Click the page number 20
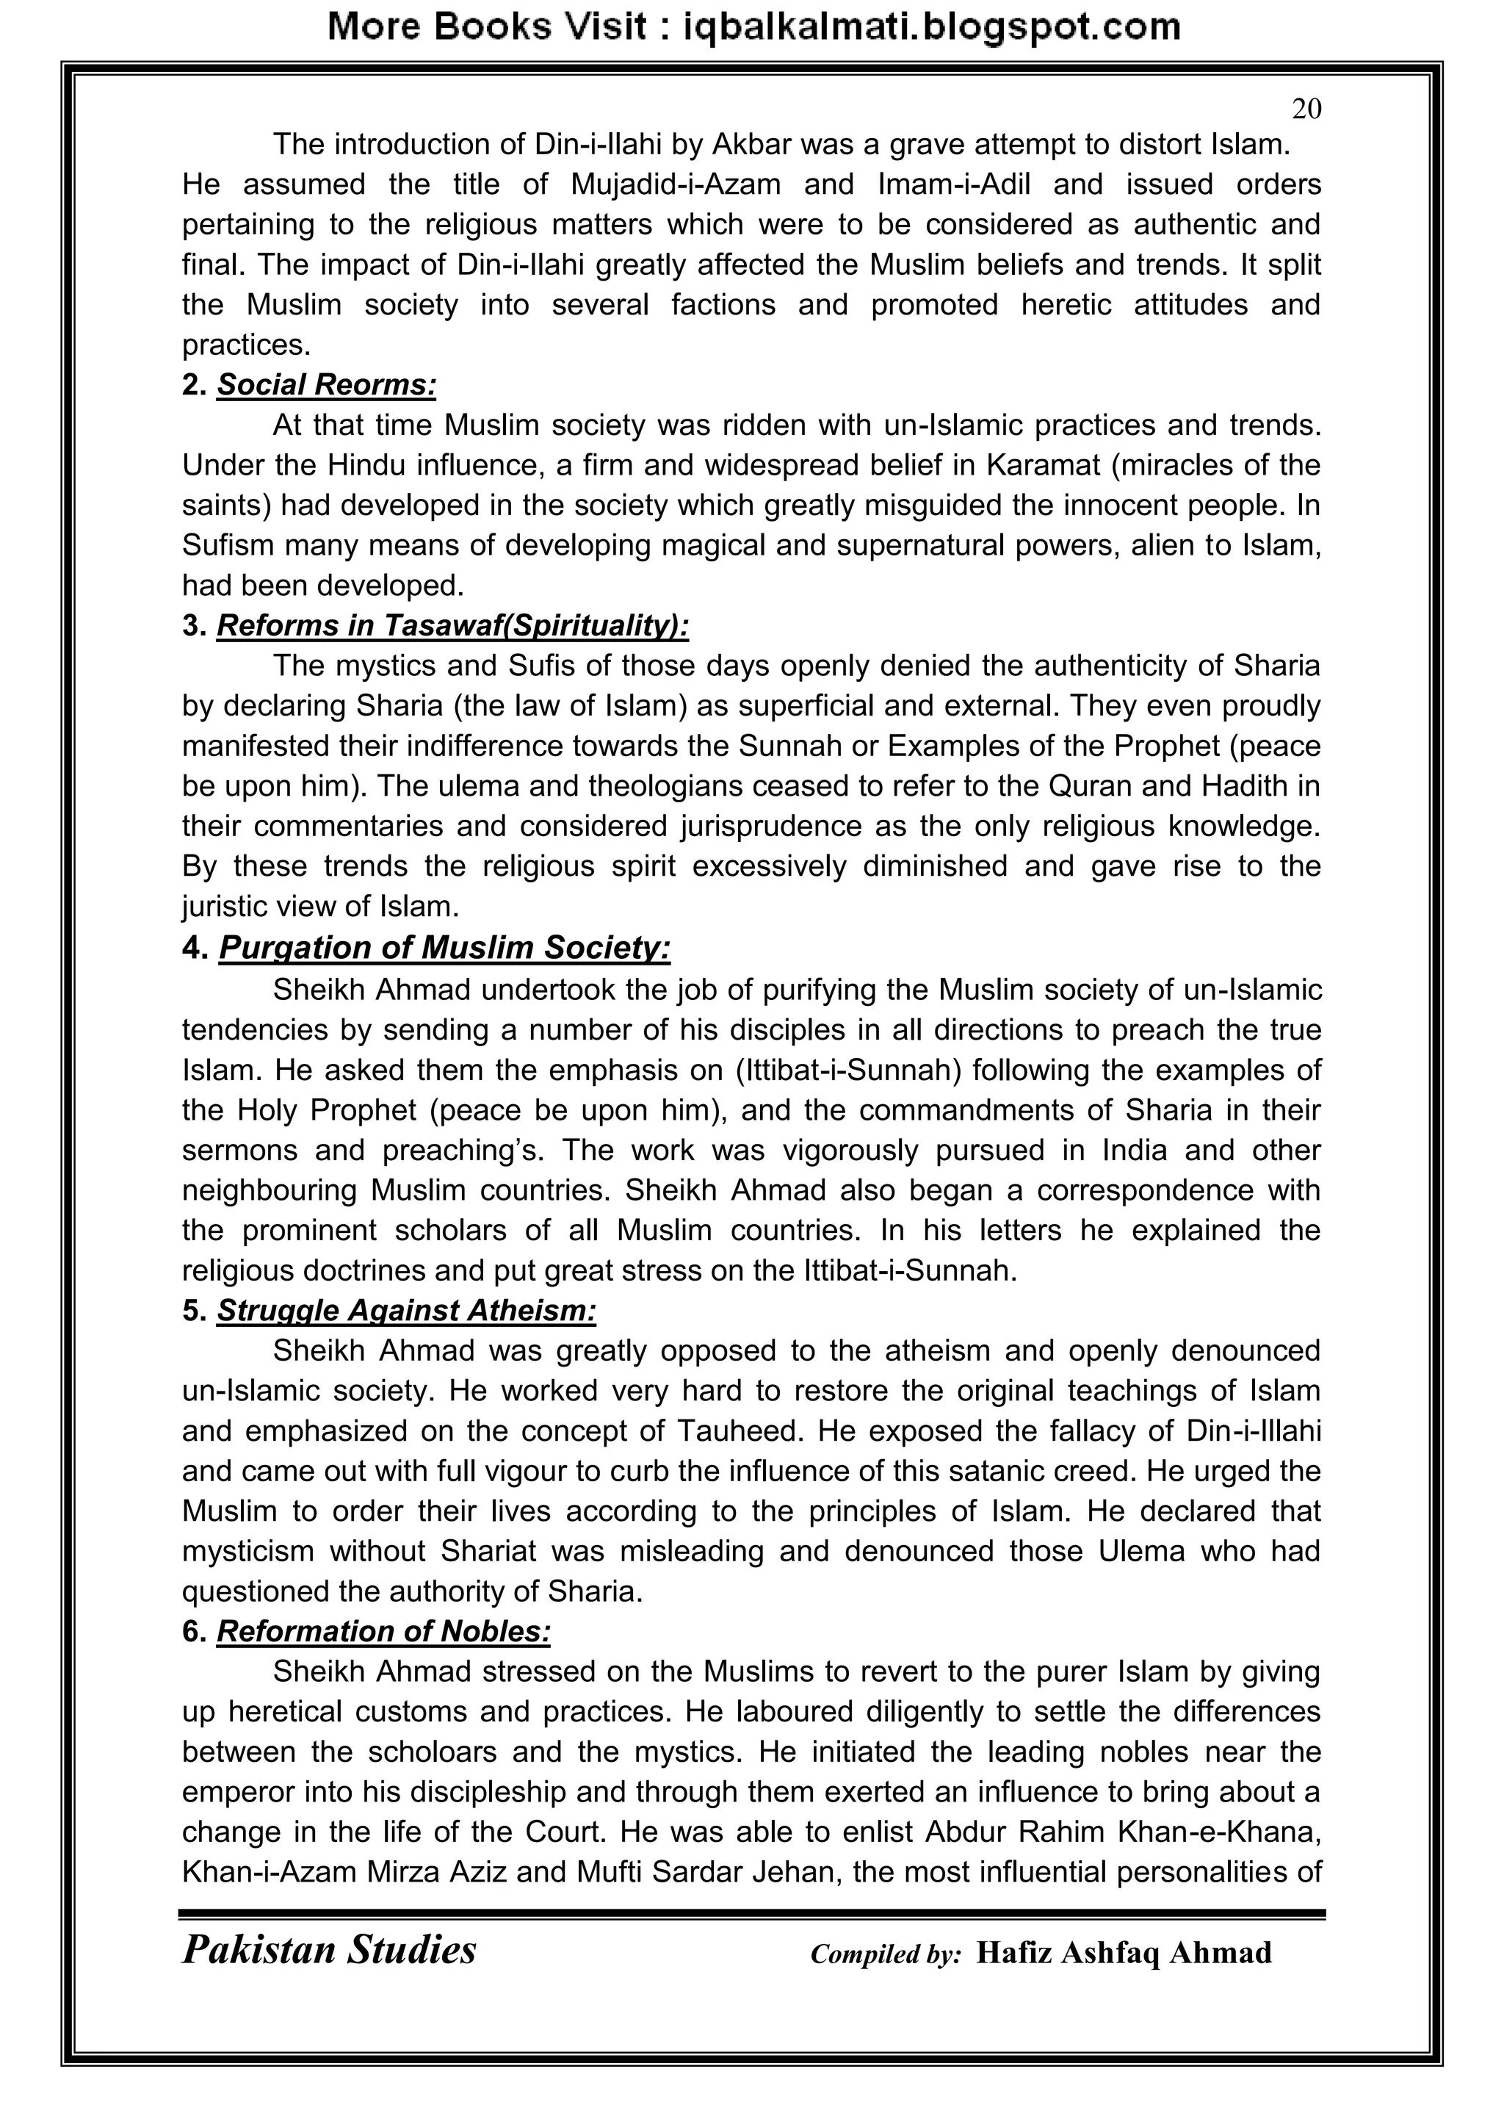point(1306,109)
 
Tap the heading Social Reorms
point(326,384)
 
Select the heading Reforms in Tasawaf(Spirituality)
point(453,626)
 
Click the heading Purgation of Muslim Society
point(444,948)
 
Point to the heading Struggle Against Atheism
point(407,1311)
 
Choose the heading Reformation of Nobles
point(383,1631)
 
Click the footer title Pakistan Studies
point(329,1949)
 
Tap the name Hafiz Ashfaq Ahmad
point(1124,1953)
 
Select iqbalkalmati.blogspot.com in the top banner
point(932,27)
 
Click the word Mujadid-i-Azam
point(675,184)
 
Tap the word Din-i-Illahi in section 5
point(1253,1431)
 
